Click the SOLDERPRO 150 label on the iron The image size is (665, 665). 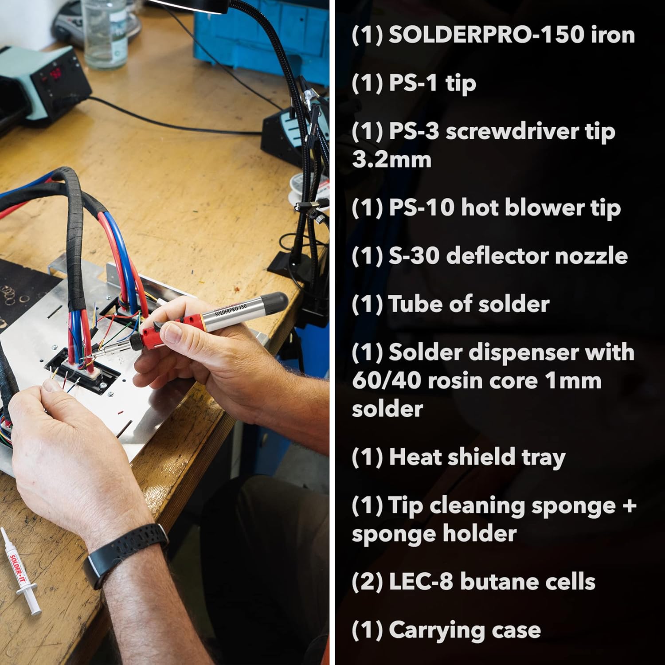(231, 309)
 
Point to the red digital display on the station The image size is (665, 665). (55, 74)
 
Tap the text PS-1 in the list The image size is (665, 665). (413, 83)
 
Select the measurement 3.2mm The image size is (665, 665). (391, 160)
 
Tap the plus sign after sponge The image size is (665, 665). (629, 505)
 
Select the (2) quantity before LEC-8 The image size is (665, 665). (367, 582)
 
